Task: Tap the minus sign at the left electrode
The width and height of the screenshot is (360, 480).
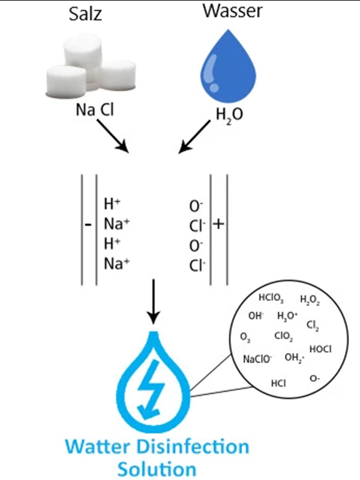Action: click(x=88, y=226)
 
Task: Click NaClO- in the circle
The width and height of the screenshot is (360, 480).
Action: click(x=257, y=359)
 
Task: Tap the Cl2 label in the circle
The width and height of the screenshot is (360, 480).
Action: click(x=313, y=326)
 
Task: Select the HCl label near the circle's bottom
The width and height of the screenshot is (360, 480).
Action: click(x=278, y=382)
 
